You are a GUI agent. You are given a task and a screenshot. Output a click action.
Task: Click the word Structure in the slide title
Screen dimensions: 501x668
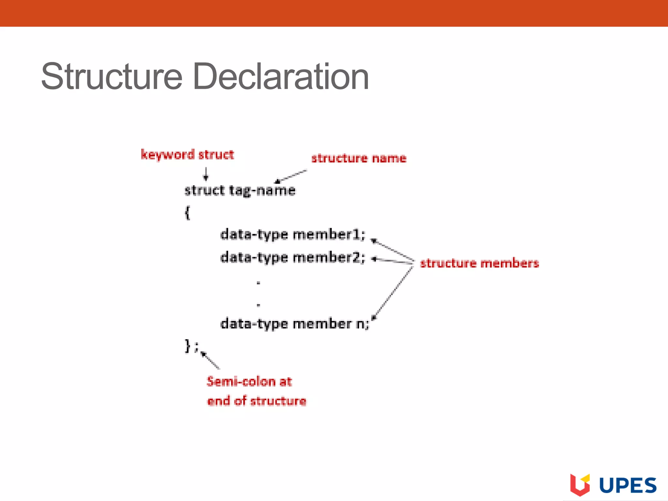click(112, 77)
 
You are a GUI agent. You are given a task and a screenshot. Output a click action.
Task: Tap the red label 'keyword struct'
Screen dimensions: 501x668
click(187, 155)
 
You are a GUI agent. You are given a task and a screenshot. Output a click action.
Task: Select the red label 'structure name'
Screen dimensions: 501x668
click(359, 158)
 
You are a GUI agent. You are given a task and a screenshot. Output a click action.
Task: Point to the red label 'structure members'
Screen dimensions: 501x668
click(479, 263)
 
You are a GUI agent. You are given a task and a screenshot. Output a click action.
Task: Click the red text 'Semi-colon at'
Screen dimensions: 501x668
click(249, 381)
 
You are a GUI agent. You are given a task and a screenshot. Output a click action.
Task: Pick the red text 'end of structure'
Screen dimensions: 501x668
click(257, 401)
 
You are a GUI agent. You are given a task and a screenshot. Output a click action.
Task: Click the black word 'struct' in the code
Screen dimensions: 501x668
click(205, 190)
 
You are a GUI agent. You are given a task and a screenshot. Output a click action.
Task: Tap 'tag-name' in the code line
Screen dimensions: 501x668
click(262, 190)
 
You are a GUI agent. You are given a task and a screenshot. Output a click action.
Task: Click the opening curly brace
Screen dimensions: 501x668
click(187, 213)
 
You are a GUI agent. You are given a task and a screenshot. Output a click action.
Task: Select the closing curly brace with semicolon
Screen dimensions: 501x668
click(191, 346)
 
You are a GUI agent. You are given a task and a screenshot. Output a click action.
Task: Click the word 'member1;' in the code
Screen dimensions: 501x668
click(329, 235)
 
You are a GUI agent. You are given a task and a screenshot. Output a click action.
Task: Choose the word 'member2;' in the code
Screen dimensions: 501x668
click(329, 258)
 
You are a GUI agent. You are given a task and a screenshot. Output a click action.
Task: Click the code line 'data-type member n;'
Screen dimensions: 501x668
click(295, 324)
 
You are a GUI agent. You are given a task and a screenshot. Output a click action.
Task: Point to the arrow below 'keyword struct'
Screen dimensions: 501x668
click(205, 174)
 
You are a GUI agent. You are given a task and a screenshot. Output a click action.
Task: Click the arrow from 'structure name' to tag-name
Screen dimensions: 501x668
click(291, 176)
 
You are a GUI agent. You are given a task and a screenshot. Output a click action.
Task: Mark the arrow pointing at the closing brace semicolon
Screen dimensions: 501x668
click(210, 360)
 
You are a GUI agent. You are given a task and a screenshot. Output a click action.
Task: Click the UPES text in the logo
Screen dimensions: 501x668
click(628, 486)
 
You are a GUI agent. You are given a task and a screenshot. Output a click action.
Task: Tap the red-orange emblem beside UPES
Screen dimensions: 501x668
click(580, 484)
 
